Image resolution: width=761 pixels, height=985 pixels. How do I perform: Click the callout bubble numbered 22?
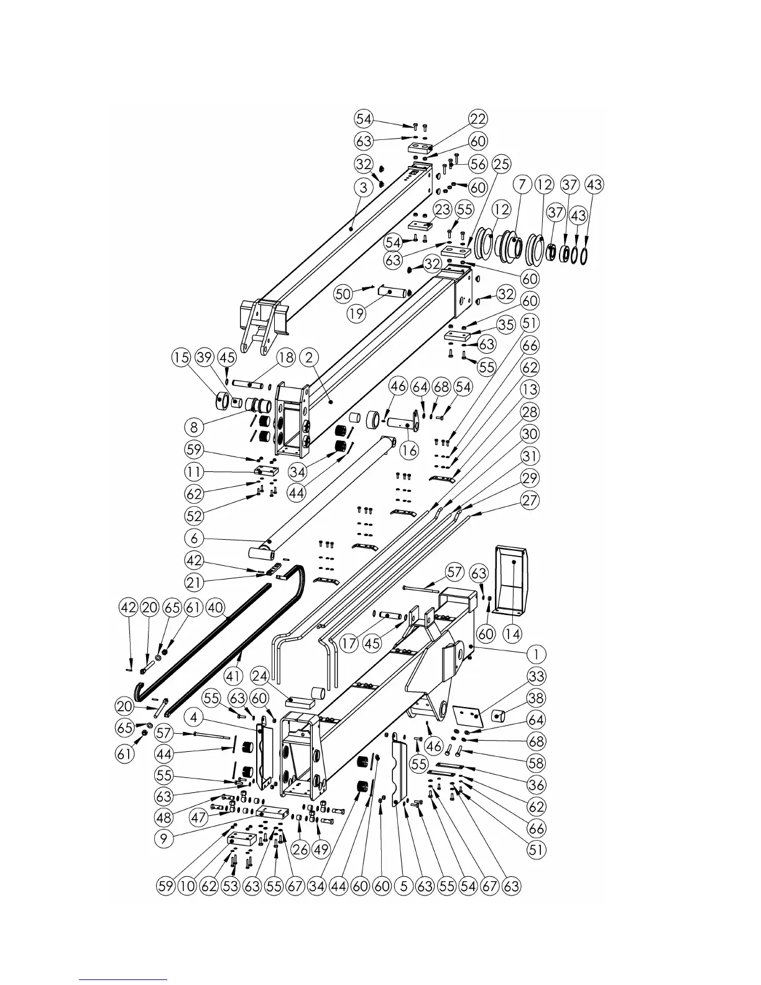pyautogui.click(x=477, y=119)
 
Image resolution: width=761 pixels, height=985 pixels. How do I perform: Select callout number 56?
pyautogui.click(x=477, y=164)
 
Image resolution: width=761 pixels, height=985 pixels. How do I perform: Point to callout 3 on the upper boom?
pyautogui.click(x=364, y=187)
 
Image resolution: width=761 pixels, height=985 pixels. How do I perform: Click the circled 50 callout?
pyautogui.click(x=343, y=294)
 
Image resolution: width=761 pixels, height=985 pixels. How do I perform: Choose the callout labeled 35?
pyautogui.click(x=506, y=324)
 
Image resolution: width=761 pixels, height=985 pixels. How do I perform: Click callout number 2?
pyautogui.click(x=309, y=358)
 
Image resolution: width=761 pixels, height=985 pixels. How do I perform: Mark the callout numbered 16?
pyautogui.click(x=409, y=450)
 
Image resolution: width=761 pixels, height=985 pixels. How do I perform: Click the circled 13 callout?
pyautogui.click(x=530, y=390)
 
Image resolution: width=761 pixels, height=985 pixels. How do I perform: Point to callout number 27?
pyautogui.click(x=530, y=501)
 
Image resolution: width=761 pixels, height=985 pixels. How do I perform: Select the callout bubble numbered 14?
pyautogui.click(x=513, y=634)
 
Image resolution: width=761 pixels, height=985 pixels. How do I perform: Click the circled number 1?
pyautogui.click(x=536, y=654)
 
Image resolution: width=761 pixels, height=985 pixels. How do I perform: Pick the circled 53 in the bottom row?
pyautogui.click(x=231, y=886)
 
